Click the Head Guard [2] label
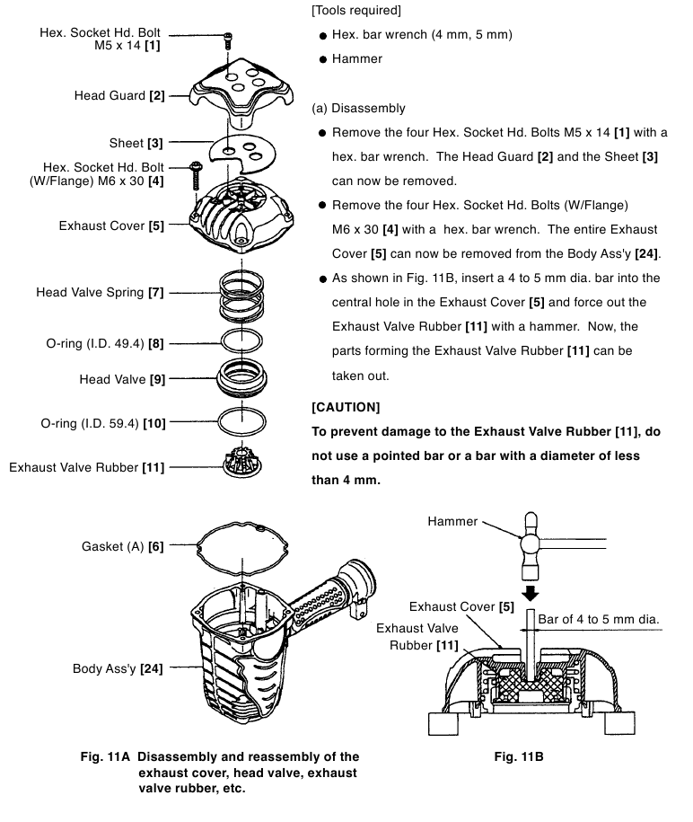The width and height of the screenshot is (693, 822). [119, 95]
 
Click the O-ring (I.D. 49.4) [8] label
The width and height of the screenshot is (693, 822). [99, 343]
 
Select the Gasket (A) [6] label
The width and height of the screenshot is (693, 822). [123, 545]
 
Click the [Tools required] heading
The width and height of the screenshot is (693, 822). [356, 10]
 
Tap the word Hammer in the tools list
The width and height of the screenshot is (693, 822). [356, 58]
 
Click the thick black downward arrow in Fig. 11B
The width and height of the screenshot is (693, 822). [531, 594]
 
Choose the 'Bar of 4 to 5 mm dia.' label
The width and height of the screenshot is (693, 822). [599, 619]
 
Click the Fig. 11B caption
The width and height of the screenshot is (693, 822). [519, 756]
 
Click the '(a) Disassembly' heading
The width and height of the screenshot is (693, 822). [358, 108]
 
